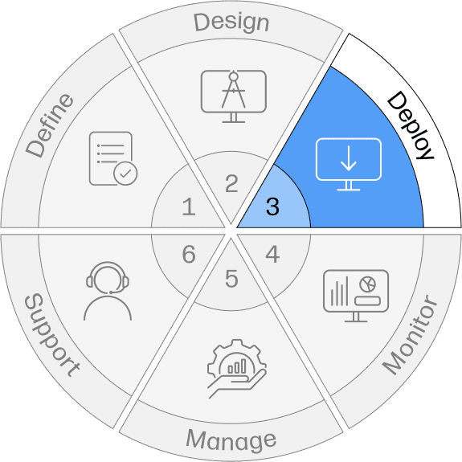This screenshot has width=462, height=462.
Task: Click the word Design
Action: coord(231,23)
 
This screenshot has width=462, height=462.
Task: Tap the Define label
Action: coord(50,126)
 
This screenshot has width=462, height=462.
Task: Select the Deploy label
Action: coord(411,125)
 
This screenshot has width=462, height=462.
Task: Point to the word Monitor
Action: coord(410,335)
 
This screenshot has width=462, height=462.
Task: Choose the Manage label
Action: coord(231,440)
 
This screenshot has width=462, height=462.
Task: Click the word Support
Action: coord(52,335)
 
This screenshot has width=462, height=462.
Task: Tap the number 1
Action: coord(189,206)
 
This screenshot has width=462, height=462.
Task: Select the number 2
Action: coord(231,183)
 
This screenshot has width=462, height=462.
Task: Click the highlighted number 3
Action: coord(272,206)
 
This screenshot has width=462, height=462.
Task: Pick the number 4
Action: coord(272,254)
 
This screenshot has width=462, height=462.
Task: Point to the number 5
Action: coord(231,279)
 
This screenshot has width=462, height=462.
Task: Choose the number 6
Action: coord(189,254)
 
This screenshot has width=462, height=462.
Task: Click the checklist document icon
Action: coord(113,158)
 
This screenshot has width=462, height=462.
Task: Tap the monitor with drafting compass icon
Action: coord(234,96)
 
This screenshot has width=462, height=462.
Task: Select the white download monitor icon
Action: coord(349,164)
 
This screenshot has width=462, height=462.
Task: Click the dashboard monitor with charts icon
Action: coord(356,296)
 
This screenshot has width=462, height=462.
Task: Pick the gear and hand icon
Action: coord(237,369)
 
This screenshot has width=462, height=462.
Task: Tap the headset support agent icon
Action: coord(108,291)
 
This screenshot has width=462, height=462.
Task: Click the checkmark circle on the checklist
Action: coord(125,174)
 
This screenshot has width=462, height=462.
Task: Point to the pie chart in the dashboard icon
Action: coord(368,284)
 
